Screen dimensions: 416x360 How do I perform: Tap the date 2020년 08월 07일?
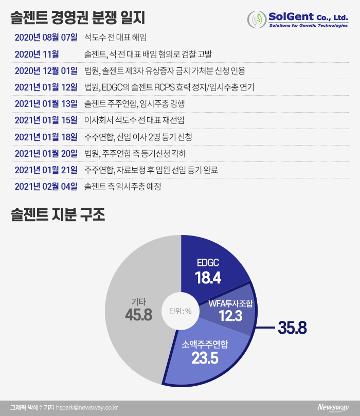[x=46, y=38]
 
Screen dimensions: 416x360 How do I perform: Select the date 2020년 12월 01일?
[x=46, y=70]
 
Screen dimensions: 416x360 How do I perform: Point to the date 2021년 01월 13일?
[x=46, y=104]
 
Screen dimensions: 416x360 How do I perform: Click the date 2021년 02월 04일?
[x=46, y=187]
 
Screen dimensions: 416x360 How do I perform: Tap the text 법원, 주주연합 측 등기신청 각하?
[x=135, y=153]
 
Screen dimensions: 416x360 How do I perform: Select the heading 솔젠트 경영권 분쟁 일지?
[x=78, y=17]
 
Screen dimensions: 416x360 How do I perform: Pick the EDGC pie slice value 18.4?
[x=208, y=278]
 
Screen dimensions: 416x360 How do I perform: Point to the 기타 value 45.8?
[x=138, y=314]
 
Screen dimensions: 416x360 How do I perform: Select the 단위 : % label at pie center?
[x=181, y=311]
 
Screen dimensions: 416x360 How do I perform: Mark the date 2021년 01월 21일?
[x=46, y=170]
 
